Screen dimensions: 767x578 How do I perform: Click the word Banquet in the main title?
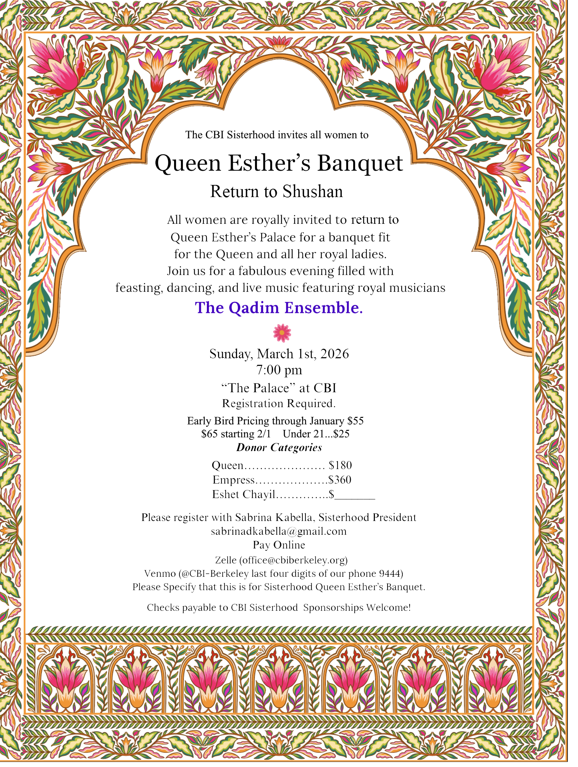point(360,163)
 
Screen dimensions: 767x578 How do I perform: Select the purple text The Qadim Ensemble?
point(279,308)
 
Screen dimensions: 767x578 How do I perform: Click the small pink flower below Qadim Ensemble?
point(282,333)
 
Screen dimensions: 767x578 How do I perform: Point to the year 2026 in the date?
point(334,354)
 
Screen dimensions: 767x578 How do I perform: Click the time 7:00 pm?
point(279,370)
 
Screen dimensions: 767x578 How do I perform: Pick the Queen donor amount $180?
point(340,465)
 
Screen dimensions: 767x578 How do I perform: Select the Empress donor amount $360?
point(340,480)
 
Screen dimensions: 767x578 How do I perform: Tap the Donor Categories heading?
point(279,448)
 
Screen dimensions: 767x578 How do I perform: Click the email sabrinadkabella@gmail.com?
point(279,531)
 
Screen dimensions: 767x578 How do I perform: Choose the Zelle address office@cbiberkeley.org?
point(293,560)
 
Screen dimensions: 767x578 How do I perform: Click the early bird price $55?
point(355,421)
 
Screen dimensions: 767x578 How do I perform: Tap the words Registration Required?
point(279,403)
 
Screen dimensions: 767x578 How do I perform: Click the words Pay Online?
point(279,545)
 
